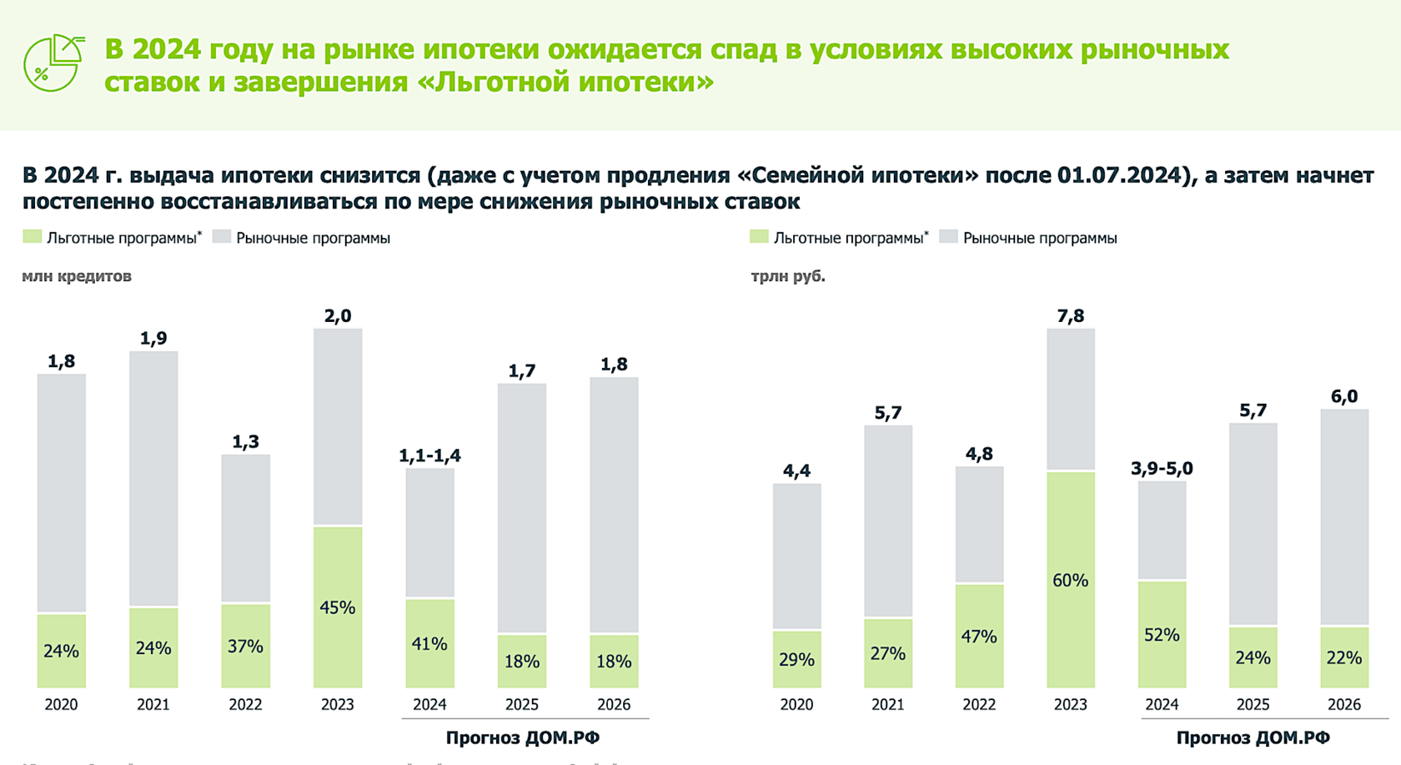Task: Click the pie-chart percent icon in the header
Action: point(53,63)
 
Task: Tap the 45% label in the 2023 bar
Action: point(337,608)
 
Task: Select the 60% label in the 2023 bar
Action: point(1070,581)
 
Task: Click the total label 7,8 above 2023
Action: point(1070,316)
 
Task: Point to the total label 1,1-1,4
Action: point(429,455)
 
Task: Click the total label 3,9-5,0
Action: point(1162,469)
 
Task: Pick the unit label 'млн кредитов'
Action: point(77,276)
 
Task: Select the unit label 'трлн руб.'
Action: point(788,276)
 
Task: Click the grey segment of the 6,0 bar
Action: point(1344,517)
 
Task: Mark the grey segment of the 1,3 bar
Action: point(245,527)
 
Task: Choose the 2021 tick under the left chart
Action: point(153,705)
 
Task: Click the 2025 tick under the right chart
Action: point(1253,705)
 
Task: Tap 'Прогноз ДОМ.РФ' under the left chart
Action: point(523,737)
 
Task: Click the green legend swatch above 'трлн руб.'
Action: point(759,237)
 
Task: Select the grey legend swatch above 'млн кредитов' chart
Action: point(221,237)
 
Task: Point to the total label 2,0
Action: point(337,316)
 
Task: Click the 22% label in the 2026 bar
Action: point(1344,658)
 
